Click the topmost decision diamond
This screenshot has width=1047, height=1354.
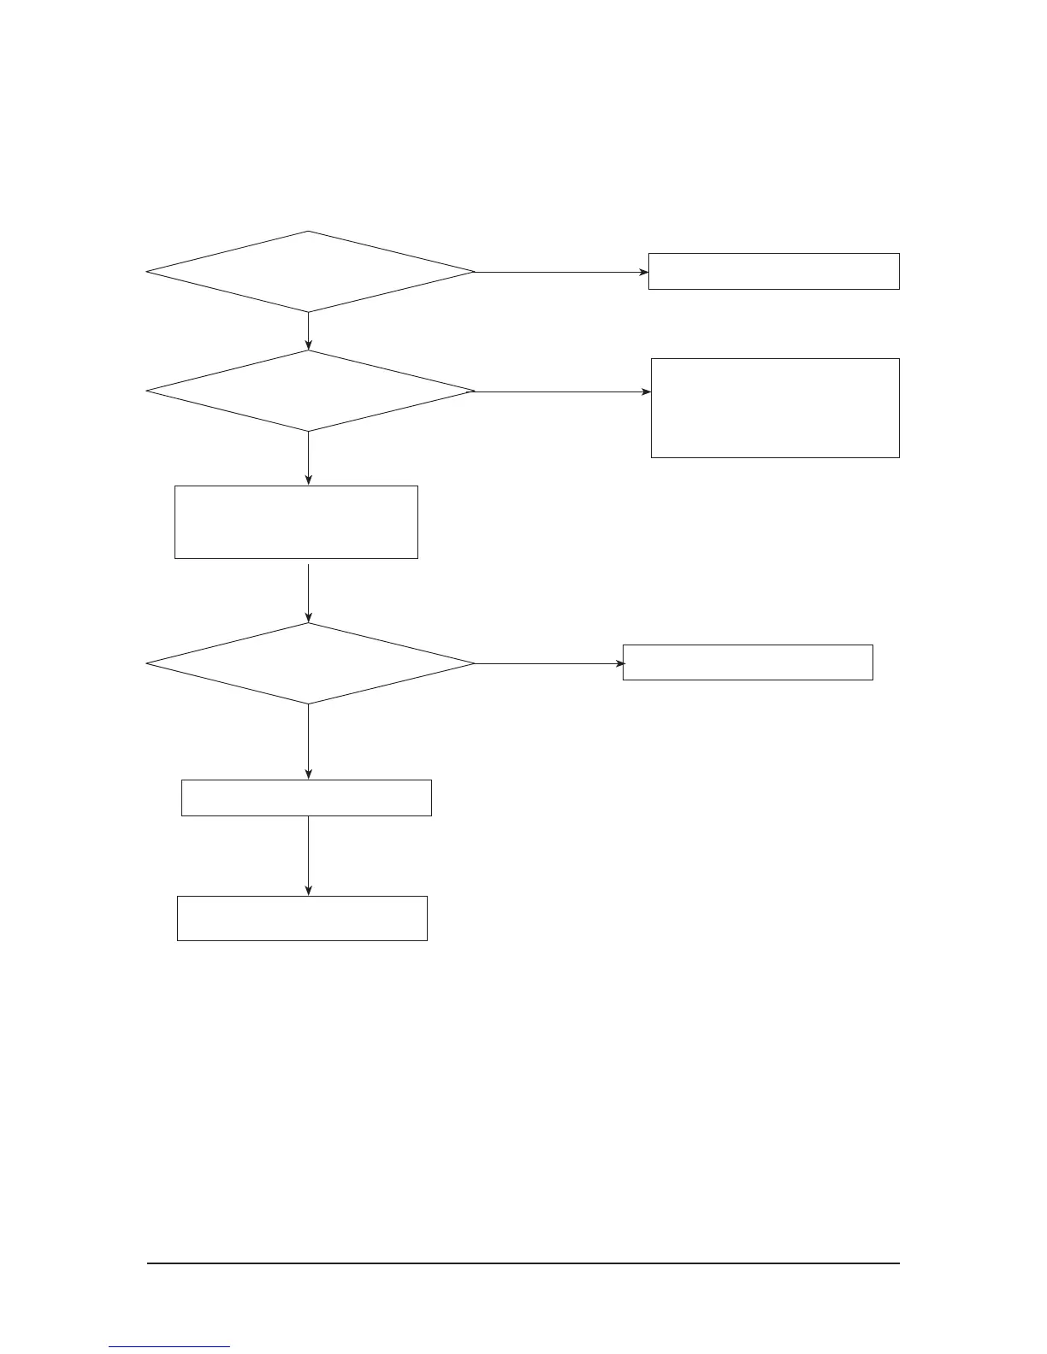click(310, 272)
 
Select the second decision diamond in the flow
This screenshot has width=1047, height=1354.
click(310, 391)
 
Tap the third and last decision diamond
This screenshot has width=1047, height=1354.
click(310, 663)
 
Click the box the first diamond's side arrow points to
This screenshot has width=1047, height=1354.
click(773, 271)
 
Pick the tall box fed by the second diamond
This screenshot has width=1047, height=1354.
click(775, 408)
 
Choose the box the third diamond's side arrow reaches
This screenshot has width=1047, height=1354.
click(748, 662)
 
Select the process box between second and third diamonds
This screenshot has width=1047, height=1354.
click(296, 522)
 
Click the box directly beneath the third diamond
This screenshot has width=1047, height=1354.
click(306, 798)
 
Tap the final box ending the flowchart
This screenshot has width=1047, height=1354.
click(302, 918)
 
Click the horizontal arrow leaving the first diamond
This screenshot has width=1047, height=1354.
click(560, 273)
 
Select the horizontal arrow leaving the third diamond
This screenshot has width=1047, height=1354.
click(547, 663)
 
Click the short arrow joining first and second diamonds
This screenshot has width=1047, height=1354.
click(308, 332)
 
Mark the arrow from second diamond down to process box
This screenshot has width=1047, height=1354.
click(308, 458)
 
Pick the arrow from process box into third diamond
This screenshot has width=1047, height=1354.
click(308, 591)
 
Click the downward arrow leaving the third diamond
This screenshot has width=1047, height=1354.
click(308, 742)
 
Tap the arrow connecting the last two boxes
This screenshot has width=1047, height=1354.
click(308, 855)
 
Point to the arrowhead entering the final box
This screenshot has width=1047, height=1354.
click(308, 891)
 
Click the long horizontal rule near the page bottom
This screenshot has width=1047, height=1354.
click(523, 1263)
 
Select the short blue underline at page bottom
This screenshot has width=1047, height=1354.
click(169, 1347)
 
